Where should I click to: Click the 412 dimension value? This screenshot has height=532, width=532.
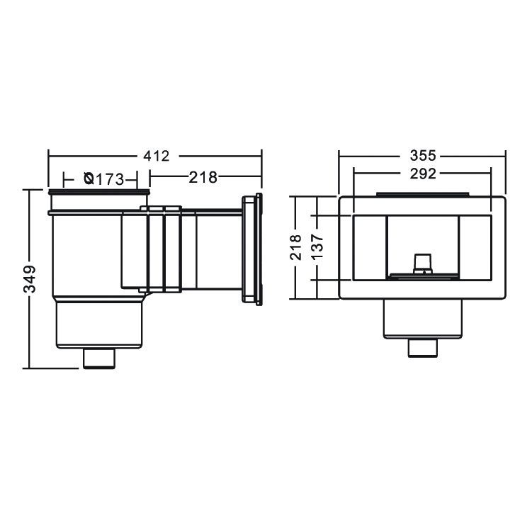tap(156, 156)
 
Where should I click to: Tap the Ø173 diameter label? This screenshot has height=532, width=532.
tap(104, 179)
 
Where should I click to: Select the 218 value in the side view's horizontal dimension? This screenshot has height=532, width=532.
tap(203, 177)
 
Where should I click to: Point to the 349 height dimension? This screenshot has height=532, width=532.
tap(30, 279)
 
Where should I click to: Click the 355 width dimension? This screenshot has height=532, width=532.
tap(423, 156)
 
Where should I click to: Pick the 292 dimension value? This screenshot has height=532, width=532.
tap(423, 174)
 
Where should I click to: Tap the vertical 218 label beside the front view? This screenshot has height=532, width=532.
tap(295, 247)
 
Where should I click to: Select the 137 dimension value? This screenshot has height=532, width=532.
tap(317, 247)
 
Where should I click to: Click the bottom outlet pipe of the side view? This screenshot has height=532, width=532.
tap(99, 358)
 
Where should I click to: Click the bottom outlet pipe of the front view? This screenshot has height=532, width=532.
tap(423, 348)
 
